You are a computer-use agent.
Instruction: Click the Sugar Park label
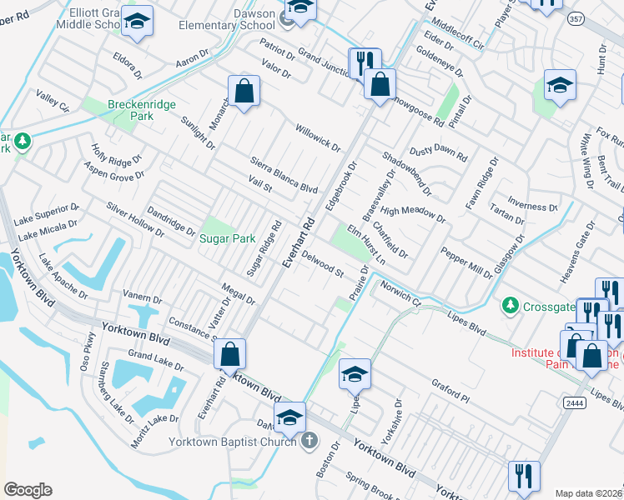pos(226,238)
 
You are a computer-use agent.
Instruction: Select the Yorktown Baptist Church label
pos(233,441)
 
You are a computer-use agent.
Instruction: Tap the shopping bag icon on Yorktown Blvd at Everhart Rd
pos(229,353)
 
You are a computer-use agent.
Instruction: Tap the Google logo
pos(28,490)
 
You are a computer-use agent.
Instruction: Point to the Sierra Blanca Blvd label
pos(284,174)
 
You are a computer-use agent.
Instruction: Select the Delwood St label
pos(323,264)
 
